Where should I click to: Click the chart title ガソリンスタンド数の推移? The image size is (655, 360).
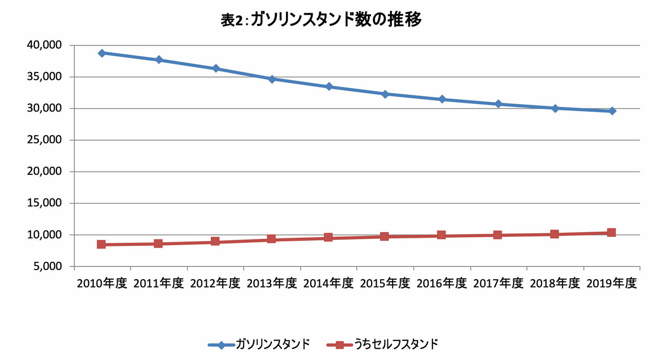pos(321,20)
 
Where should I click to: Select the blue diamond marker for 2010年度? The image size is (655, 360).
pos(102,53)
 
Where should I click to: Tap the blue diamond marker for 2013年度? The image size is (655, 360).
pos(272,79)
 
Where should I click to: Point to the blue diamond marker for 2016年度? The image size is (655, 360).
pos(441,99)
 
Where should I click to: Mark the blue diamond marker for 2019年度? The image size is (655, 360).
pos(612,111)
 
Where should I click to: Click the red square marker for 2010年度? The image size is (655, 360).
pos(102,244)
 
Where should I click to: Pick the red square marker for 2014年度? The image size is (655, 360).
pos(328,237)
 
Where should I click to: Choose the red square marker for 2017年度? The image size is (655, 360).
pos(497,235)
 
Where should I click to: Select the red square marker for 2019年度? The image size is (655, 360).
pos(611,233)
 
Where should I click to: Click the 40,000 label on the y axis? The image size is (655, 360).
pos(43,46)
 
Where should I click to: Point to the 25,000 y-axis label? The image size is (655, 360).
pos(43,140)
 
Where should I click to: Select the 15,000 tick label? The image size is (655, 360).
pos(43,204)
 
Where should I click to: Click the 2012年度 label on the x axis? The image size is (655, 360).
pos(215,283)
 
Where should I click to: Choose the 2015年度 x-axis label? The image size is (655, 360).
pos(385,283)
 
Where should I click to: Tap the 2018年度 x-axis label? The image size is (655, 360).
pos(554,283)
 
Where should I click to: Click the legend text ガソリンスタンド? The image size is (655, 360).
pos(272,344)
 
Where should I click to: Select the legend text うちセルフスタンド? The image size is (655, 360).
pos(396,344)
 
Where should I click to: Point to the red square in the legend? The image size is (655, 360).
pos(340,345)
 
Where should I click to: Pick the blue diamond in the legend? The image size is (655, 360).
pos(221,345)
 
